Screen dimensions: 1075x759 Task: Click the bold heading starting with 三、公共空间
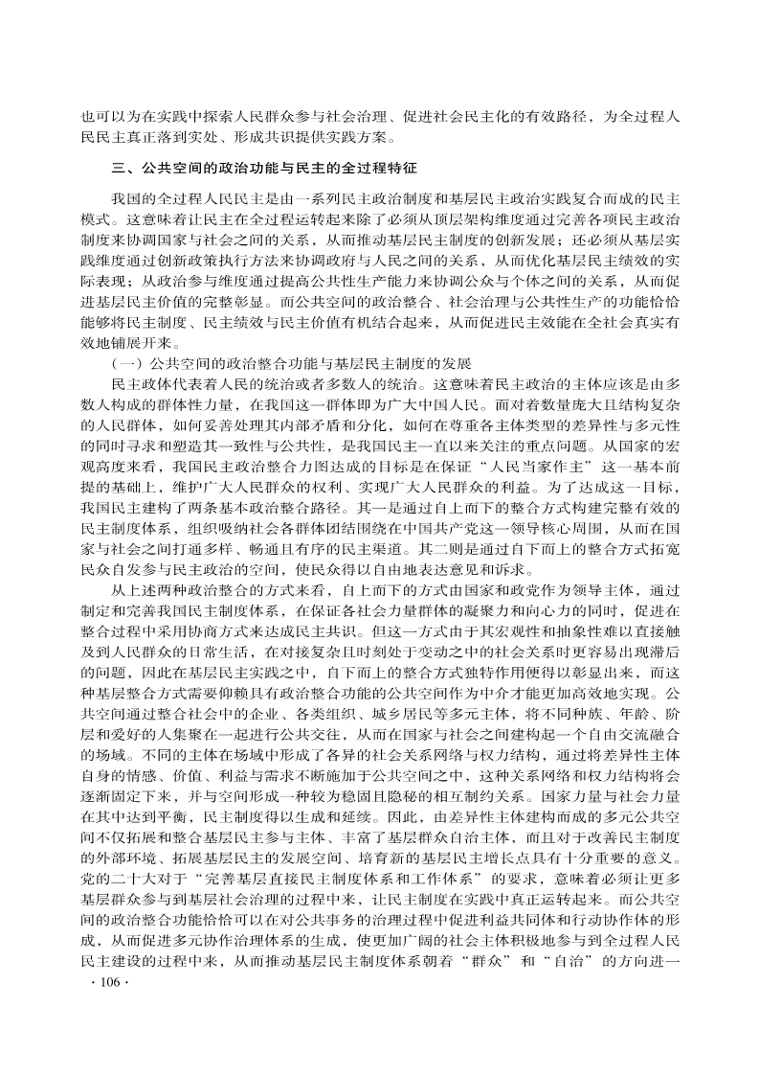pos(265,168)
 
